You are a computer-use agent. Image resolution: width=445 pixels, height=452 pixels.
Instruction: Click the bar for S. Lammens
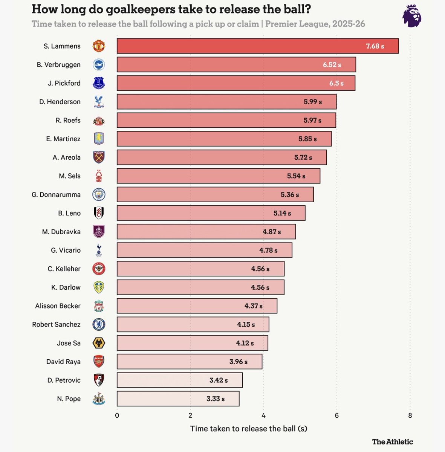[257, 46]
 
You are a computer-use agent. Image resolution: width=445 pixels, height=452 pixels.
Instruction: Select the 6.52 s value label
[332, 65]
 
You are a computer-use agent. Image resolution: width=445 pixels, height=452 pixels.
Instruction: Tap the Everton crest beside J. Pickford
[99, 83]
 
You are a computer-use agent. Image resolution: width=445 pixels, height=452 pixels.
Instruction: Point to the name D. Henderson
[60, 102]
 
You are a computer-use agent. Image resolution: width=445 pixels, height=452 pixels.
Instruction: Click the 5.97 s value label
[312, 121]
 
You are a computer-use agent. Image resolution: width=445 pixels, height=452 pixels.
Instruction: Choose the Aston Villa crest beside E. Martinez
[99, 139]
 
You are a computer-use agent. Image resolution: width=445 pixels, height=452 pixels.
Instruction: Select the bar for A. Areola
[222, 157]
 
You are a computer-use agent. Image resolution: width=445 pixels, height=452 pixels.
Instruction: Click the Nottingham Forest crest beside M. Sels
[99, 176]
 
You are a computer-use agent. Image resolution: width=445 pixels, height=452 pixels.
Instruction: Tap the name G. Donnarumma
[56, 195]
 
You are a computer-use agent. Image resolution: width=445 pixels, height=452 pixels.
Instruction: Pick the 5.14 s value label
[282, 213]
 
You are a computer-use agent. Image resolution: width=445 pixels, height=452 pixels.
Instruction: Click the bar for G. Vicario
[204, 250]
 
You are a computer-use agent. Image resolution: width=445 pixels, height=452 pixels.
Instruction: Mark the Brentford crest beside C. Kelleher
[99, 269]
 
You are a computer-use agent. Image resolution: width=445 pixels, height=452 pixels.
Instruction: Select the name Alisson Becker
[58, 306]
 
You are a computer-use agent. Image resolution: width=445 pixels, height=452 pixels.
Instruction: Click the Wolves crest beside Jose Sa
[99, 343]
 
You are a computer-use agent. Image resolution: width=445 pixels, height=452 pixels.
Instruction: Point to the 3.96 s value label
[238, 362]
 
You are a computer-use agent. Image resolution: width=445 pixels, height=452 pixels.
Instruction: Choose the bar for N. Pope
[178, 399]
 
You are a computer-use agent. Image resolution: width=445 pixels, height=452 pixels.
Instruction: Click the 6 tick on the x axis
[336, 415]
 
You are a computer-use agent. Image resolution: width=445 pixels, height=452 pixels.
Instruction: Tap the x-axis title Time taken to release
[248, 429]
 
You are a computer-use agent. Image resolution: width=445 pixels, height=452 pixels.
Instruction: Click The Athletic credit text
[392, 442]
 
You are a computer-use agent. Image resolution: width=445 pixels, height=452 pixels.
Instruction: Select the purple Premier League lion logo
[411, 16]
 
